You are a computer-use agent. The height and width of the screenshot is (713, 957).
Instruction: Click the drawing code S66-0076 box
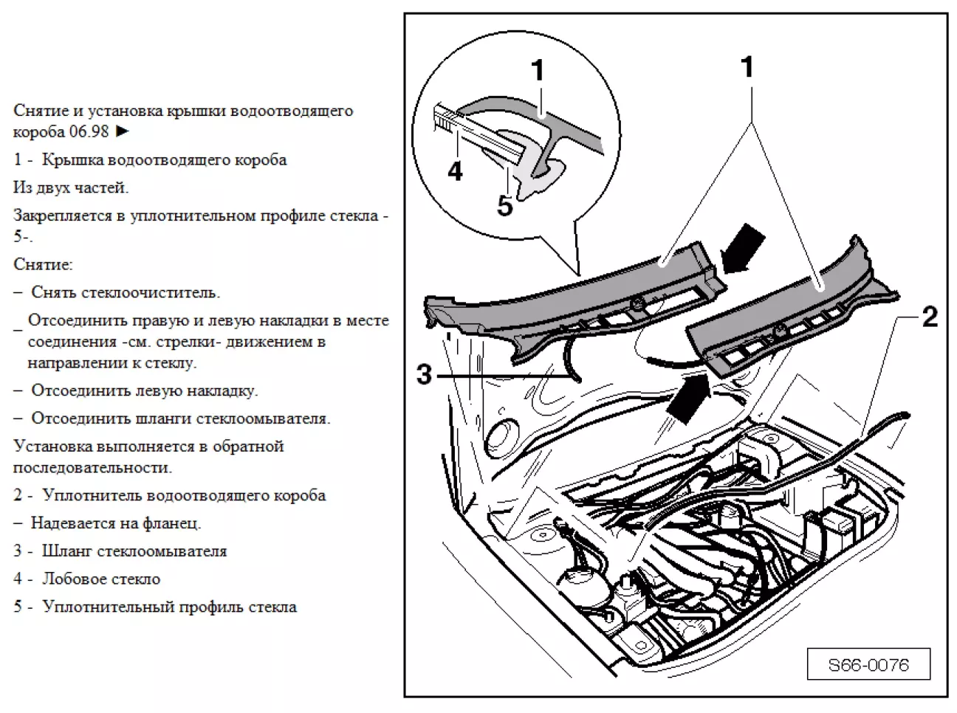click(868, 665)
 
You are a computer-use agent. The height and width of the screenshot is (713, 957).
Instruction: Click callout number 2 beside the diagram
click(930, 317)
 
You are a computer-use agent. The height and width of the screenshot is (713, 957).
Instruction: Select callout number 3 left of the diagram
click(424, 374)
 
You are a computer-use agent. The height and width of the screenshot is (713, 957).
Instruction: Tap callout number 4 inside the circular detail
click(455, 171)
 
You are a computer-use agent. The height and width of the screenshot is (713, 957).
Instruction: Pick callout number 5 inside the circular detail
click(504, 206)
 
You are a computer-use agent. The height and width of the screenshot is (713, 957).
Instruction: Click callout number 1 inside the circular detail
click(538, 72)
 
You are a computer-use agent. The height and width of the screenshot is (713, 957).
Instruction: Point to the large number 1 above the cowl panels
click(747, 67)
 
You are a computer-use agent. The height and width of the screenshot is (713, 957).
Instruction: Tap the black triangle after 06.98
click(123, 132)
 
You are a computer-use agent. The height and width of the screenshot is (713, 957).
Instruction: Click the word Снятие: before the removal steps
click(43, 264)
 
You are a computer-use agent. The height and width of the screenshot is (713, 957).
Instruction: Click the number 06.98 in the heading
click(89, 132)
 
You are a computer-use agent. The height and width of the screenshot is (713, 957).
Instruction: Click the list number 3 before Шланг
click(18, 551)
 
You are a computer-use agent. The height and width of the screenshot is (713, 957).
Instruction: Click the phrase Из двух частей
click(71, 187)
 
